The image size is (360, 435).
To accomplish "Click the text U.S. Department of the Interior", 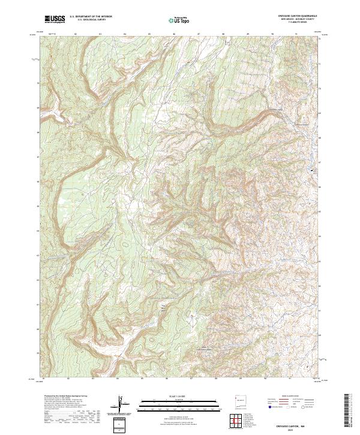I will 91,17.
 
